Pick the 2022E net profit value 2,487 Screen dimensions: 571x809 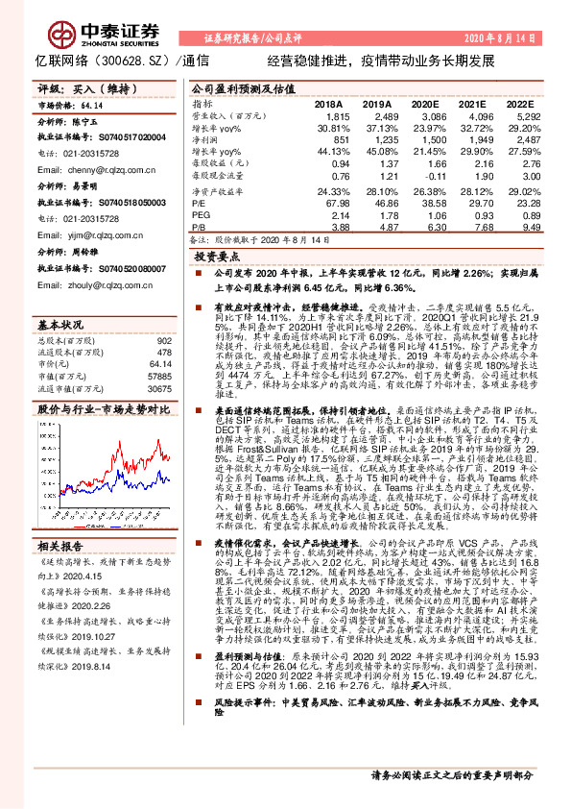tap(514, 140)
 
